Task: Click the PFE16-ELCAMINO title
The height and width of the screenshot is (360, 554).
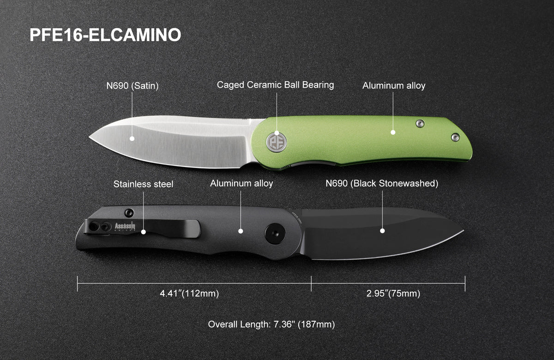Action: pos(105,35)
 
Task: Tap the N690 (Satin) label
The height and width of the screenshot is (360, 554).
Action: pos(132,86)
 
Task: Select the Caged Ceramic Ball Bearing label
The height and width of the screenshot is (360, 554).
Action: pos(275,85)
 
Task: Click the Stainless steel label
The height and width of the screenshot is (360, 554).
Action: pos(143,184)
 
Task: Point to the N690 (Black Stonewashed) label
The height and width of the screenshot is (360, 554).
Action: pos(382,184)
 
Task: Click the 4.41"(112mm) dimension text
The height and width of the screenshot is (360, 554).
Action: pos(189,294)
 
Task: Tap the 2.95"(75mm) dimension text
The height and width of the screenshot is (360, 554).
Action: pos(393,294)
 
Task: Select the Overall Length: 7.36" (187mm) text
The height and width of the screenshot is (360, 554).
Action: pos(271,324)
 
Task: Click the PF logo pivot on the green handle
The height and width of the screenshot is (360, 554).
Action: pos(276,143)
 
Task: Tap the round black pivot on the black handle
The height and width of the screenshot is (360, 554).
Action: pos(275,234)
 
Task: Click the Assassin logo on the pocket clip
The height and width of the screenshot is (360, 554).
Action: pos(125,226)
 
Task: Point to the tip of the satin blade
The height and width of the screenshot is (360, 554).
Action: pos(90,137)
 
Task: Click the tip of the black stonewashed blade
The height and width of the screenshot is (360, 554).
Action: pos(463,231)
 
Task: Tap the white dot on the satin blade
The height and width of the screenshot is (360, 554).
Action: pos(132,139)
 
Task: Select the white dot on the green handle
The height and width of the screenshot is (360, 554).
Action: pos(393,132)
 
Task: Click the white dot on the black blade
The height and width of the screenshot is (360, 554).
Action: pos(382,231)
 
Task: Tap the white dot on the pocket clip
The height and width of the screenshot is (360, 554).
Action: pos(144,232)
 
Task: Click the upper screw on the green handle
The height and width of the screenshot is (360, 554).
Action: pos(420,124)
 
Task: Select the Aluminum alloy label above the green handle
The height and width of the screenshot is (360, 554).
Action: pos(394,85)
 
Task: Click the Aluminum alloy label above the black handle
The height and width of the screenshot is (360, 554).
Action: pos(241,184)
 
